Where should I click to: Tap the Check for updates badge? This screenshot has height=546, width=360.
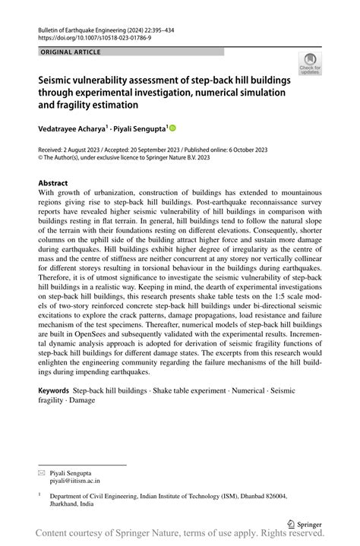click(309, 65)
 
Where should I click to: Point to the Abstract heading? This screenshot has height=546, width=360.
click(53, 183)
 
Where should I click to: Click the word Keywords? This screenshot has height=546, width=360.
click(54, 390)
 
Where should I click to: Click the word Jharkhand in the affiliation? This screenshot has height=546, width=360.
click(66, 503)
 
